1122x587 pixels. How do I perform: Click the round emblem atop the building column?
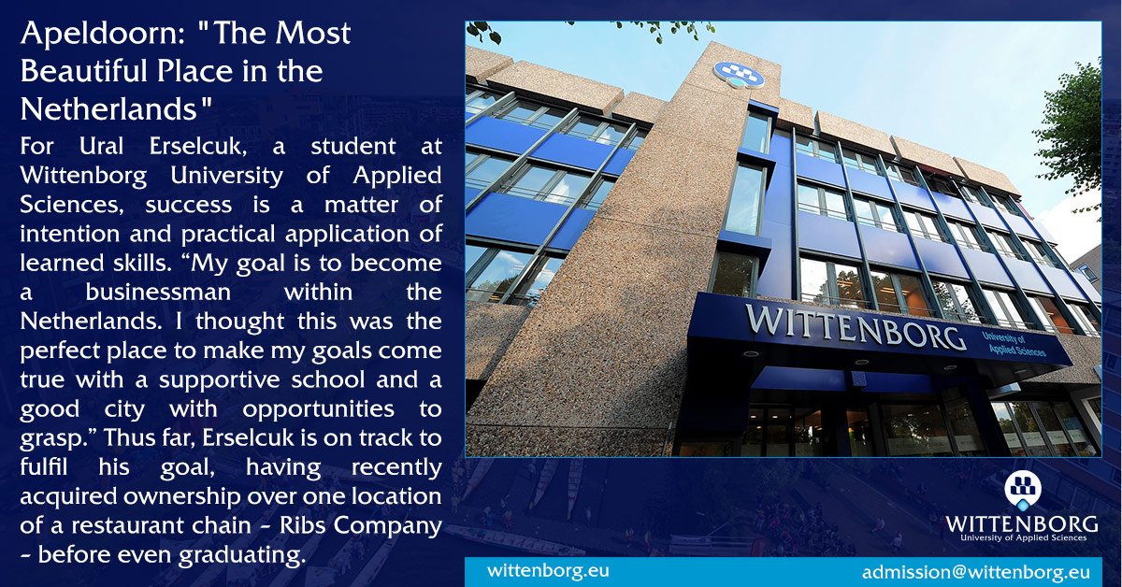tap(739, 75)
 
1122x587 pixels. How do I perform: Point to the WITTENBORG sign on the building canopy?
tap(856, 325)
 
